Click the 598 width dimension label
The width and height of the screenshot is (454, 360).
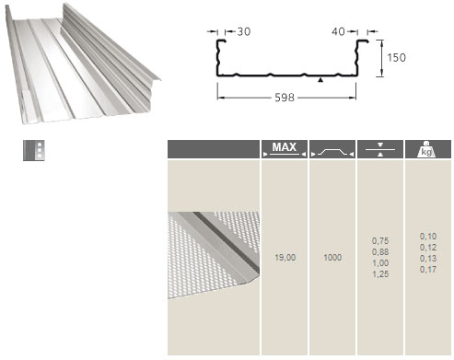(285, 98)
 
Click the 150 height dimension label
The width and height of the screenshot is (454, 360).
(396, 57)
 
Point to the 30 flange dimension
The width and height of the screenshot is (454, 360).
(244, 31)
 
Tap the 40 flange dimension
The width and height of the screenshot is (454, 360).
(338, 31)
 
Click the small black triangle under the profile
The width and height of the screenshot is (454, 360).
(320, 80)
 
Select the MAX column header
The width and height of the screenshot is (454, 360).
(285, 149)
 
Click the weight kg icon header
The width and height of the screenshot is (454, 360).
(428, 149)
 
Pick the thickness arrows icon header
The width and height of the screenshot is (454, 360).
(380, 149)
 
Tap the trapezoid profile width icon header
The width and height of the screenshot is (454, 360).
(332, 149)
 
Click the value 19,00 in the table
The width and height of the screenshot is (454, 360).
(285, 258)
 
